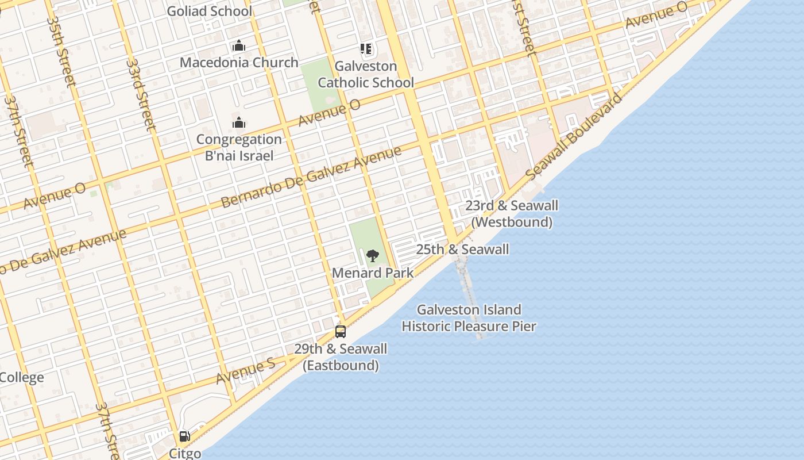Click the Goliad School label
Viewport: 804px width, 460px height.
click(x=209, y=11)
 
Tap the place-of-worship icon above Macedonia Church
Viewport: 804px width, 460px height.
click(x=238, y=46)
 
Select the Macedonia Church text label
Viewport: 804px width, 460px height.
click(x=239, y=62)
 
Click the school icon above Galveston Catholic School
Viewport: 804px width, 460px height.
click(x=366, y=49)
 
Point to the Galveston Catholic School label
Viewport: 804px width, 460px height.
click(x=366, y=74)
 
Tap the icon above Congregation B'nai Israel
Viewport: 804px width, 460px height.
click(x=238, y=122)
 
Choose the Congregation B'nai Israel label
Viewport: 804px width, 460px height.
click(x=239, y=147)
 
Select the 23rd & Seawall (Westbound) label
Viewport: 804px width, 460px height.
click(x=511, y=213)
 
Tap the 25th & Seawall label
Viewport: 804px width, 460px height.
click(x=462, y=250)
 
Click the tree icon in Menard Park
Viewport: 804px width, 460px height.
click(x=372, y=255)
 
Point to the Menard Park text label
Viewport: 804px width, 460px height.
click(x=372, y=273)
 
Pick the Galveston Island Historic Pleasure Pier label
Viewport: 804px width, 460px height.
click(x=469, y=318)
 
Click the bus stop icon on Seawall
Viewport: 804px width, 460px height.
click(x=341, y=331)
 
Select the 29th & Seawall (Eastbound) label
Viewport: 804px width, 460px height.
click(x=341, y=357)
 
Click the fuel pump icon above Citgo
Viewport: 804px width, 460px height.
click(x=184, y=437)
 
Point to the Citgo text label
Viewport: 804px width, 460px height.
click(x=185, y=453)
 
